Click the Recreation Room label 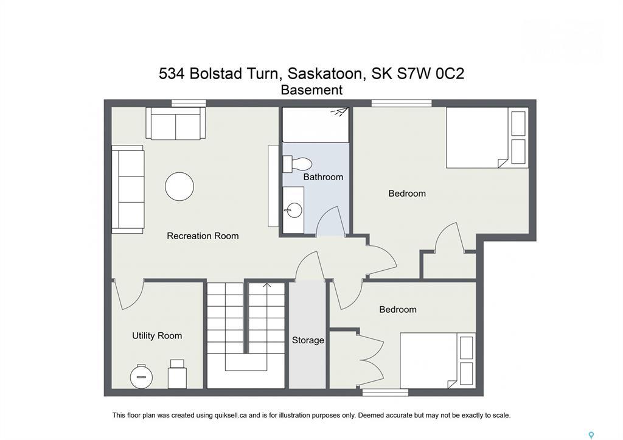[203, 236]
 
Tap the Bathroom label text [323, 177]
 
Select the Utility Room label [157, 335]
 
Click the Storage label [308, 340]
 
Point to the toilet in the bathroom [298, 164]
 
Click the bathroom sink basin [294, 211]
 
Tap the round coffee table [179, 186]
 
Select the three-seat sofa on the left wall [128, 189]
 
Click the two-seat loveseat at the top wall [176, 124]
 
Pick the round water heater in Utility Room [142, 376]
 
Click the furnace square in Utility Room [177, 374]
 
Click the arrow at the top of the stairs [266, 284]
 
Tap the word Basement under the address [311, 90]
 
